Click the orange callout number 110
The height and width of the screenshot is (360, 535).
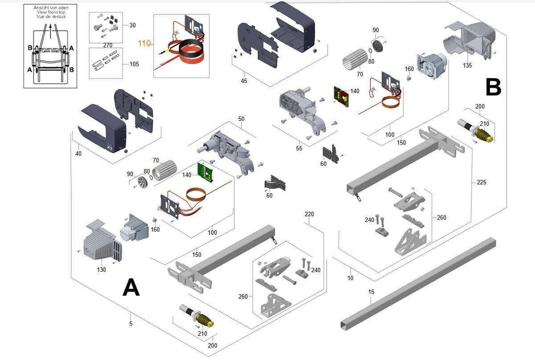tap(144, 43)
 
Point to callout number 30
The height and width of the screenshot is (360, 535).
tap(132, 25)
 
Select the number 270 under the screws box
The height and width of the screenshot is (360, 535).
tap(107, 45)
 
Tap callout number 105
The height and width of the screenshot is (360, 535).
tap(134, 64)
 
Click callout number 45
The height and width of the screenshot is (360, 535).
tap(244, 81)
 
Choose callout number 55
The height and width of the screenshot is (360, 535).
tap(299, 148)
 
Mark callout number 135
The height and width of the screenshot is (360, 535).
tap(467, 66)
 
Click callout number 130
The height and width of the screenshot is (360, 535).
tap(102, 269)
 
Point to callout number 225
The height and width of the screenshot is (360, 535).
tap(481, 182)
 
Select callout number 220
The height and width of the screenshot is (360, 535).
tap(309, 214)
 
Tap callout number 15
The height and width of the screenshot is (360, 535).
tap(371, 292)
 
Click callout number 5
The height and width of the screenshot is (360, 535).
tap(131, 323)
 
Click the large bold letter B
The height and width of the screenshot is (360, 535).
tap(493, 87)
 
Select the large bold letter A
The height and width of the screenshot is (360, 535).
tap(131, 287)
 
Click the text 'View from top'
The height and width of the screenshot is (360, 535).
tap(50, 12)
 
